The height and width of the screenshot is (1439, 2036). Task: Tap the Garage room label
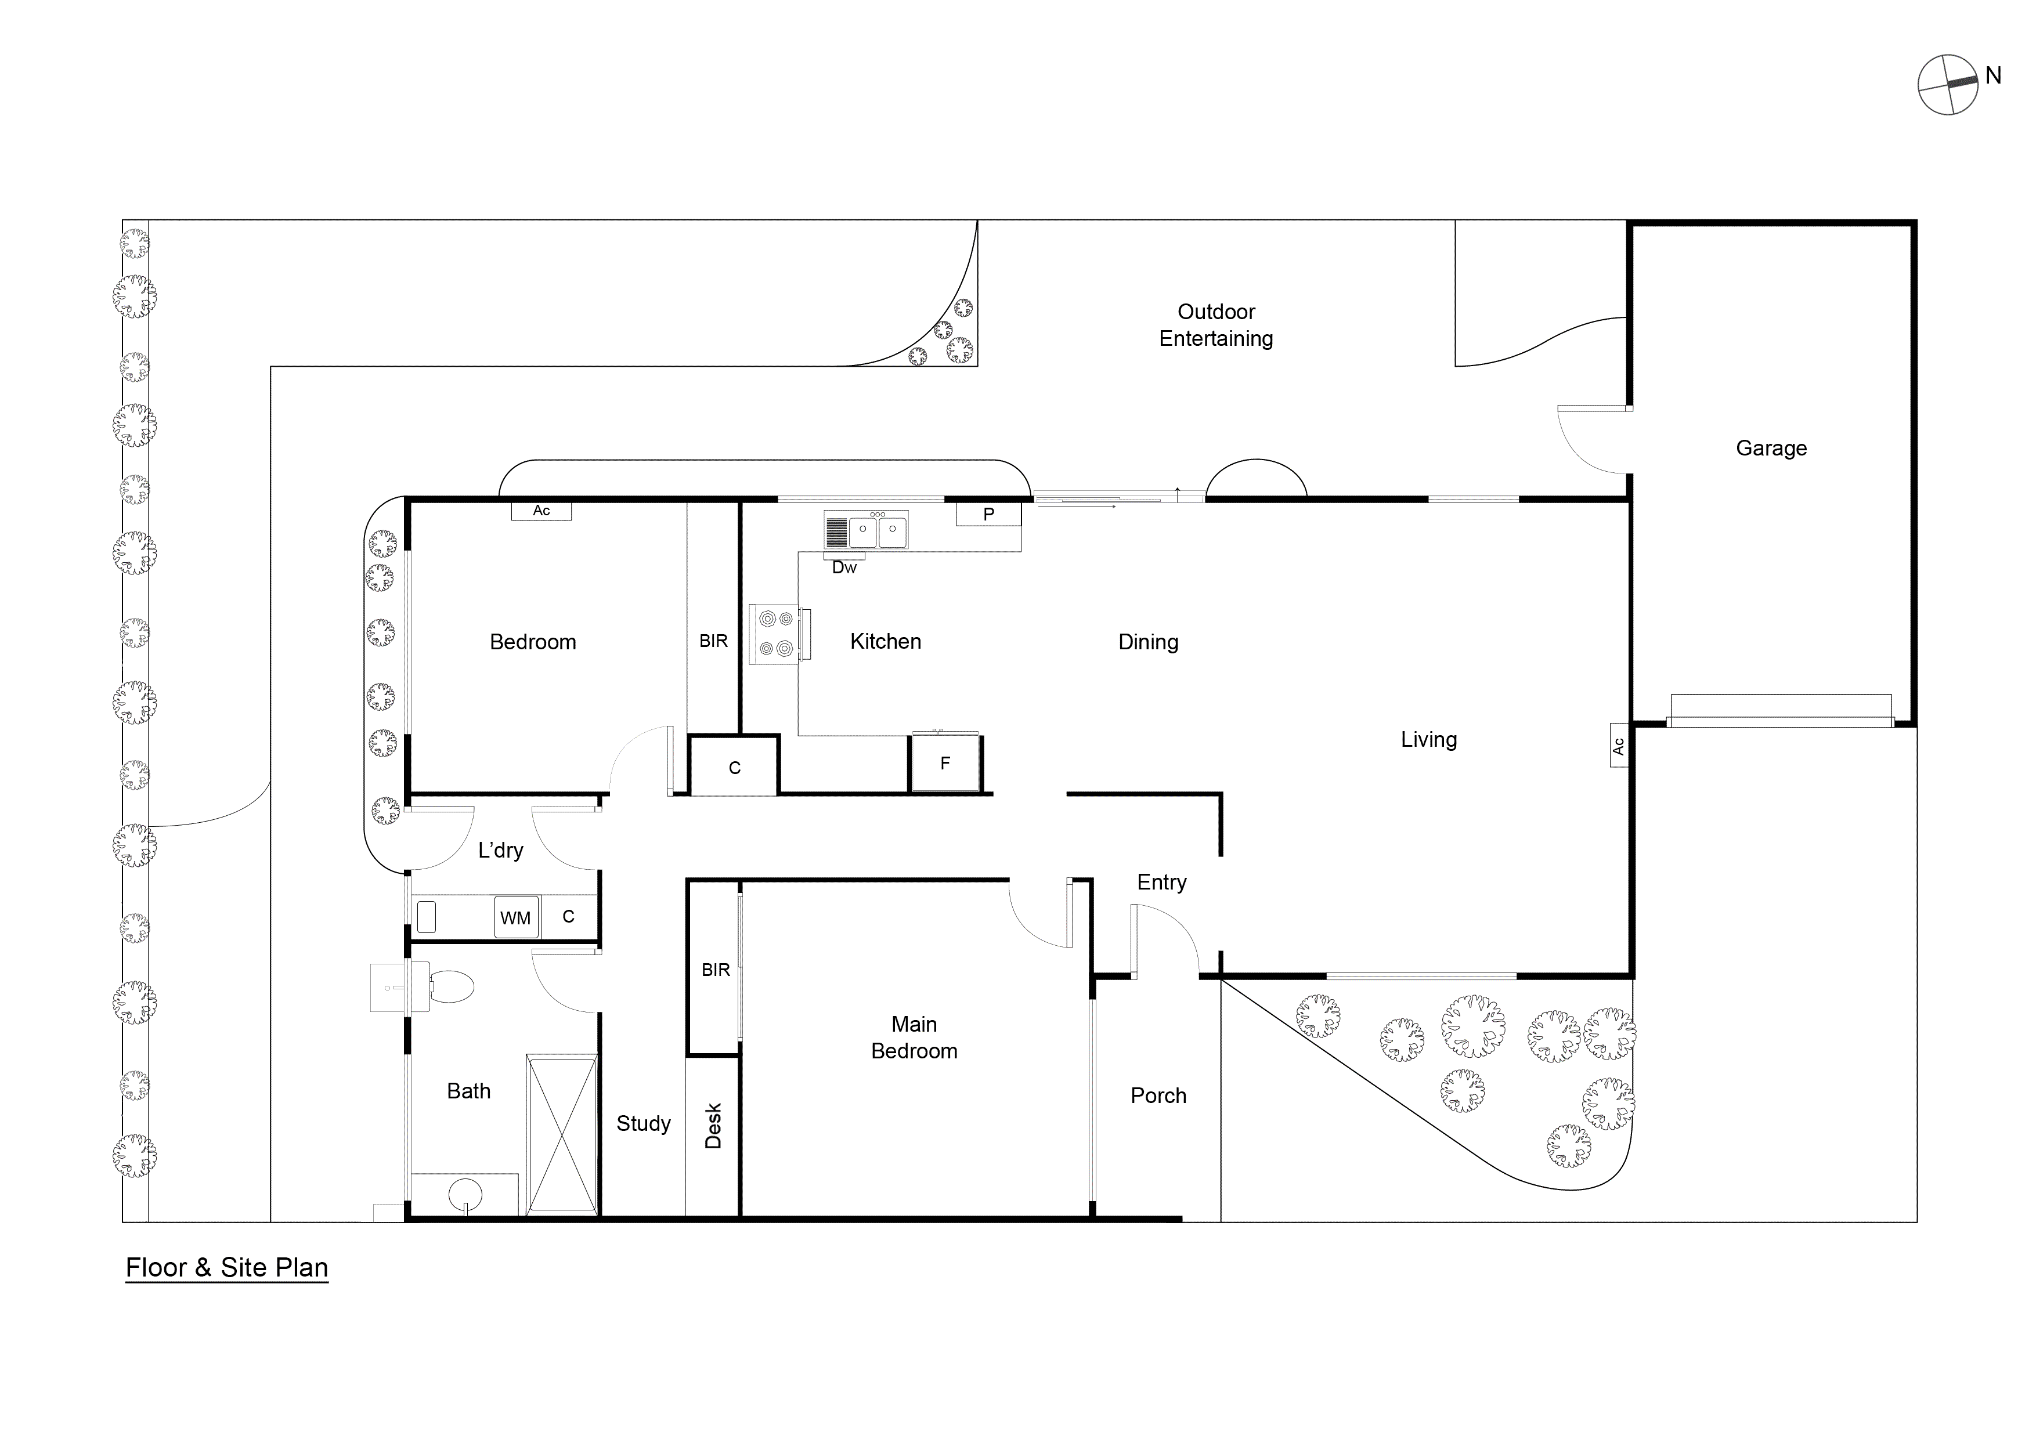[1771, 449]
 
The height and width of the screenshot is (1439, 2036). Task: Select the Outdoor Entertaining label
[1216, 326]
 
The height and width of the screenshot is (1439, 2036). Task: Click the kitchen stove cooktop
[775, 634]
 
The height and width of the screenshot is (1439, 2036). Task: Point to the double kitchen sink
[876, 531]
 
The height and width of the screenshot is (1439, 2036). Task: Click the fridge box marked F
[945, 762]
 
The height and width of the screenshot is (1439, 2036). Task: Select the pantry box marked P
[988, 514]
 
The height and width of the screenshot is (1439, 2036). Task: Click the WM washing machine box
[516, 918]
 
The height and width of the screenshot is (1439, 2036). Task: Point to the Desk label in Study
[713, 1126]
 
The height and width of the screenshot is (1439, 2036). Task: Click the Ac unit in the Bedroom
[541, 511]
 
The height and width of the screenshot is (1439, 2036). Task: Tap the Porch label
[1158, 1096]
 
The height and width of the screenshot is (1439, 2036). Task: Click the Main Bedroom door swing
[1042, 918]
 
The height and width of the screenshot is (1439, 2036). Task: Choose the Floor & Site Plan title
[227, 1268]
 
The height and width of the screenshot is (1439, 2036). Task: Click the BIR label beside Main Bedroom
[716, 970]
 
